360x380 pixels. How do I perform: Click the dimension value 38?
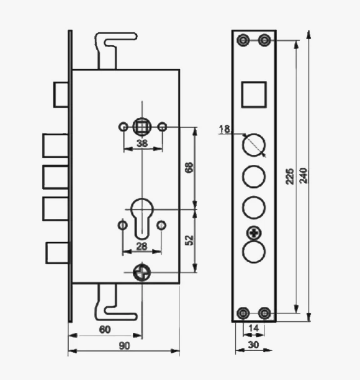point(142,143)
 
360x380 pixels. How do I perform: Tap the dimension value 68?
point(189,167)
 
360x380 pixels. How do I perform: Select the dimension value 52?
point(189,240)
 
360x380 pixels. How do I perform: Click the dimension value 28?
point(142,247)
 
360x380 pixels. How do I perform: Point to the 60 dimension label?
point(105,330)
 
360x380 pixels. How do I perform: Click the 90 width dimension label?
point(124,346)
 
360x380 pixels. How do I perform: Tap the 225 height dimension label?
point(289,176)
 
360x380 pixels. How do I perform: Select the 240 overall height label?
point(304,175)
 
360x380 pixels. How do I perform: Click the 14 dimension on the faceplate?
point(254,328)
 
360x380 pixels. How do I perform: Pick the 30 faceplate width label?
point(253,345)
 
